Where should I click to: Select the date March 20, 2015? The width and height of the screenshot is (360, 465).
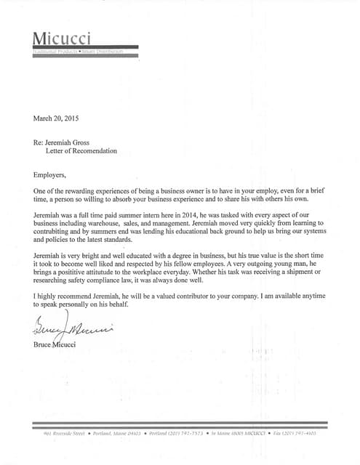pyautogui.click(x=55, y=117)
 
